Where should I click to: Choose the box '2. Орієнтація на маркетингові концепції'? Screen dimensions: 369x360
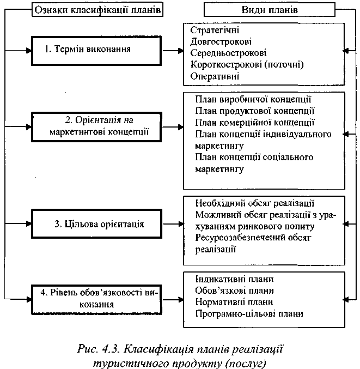point(97,126)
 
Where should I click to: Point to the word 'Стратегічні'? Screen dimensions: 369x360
point(215,29)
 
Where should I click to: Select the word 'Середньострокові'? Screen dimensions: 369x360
point(228,53)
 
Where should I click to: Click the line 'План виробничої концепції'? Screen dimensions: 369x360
point(252,100)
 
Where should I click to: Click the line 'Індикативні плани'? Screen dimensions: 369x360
point(234,279)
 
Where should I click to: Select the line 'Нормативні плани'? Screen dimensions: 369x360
point(234,302)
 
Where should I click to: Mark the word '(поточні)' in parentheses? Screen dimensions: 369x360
point(284,64)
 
